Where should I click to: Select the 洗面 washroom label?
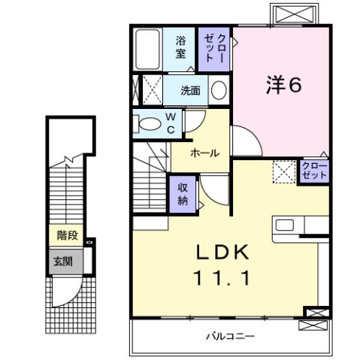click(x=190, y=91)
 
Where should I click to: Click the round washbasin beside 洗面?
click(x=218, y=91)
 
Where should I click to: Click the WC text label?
click(x=171, y=124)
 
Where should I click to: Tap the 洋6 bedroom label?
click(x=283, y=85)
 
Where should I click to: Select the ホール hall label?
click(x=204, y=153)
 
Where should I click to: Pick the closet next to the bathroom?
click(x=214, y=47)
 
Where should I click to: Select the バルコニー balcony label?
click(x=231, y=336)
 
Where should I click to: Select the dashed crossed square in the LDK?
click(x=284, y=173)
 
